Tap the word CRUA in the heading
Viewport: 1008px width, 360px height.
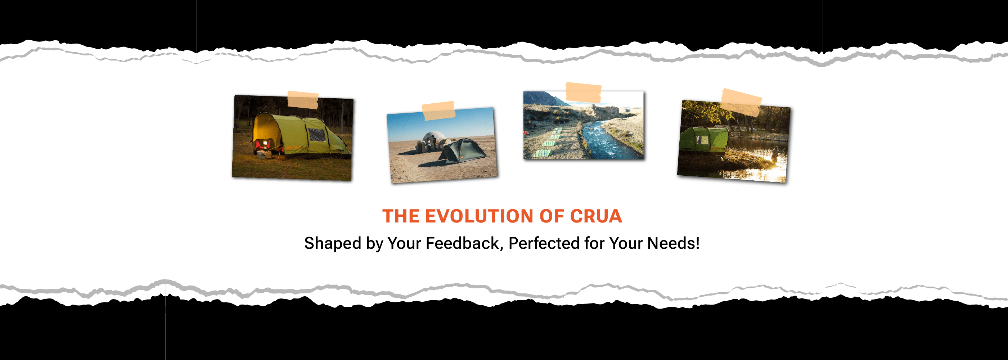pyautogui.click(x=595, y=216)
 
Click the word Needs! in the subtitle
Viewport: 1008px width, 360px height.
pyautogui.click(x=674, y=243)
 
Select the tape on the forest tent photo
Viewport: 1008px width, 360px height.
pyautogui.click(x=303, y=100)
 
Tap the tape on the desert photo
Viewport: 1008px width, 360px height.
pyautogui.click(x=438, y=111)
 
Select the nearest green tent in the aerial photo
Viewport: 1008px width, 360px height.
pyautogui.click(x=543, y=153)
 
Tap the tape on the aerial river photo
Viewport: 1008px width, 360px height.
pyautogui.click(x=584, y=93)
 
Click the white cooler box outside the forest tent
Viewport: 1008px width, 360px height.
pyautogui.click(x=264, y=155)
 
